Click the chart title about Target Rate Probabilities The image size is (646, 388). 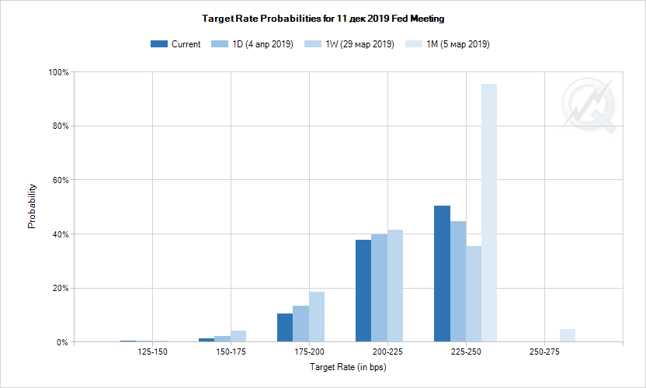pos(322,17)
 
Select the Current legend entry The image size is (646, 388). pos(175,44)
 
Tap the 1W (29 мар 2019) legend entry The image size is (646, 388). pos(350,44)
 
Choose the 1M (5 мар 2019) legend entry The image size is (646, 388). pos(448,44)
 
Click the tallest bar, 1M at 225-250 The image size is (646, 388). pos(489,213)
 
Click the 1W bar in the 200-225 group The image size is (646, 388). pos(395,286)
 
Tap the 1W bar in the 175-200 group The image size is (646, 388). pos(317,317)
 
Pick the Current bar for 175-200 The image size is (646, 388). pos(285,327)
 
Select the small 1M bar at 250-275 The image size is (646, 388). pos(568,335)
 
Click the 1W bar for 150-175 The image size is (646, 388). pos(238,336)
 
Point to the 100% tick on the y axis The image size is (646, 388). pos(59,72)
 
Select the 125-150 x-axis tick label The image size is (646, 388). pos(152,352)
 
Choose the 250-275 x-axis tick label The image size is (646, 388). pos(544,352)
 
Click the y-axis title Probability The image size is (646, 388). pos(32,206)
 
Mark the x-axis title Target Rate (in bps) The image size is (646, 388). pos(348,366)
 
